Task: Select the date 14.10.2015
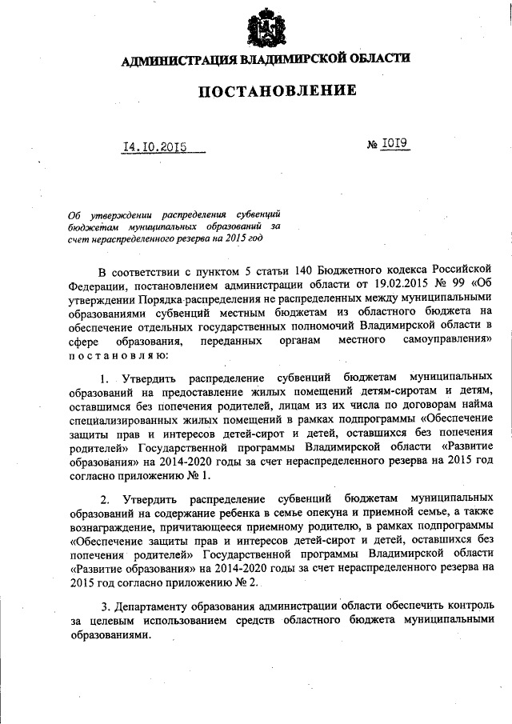point(154,147)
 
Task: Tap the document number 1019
point(394,146)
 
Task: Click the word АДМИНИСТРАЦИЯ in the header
point(177,60)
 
